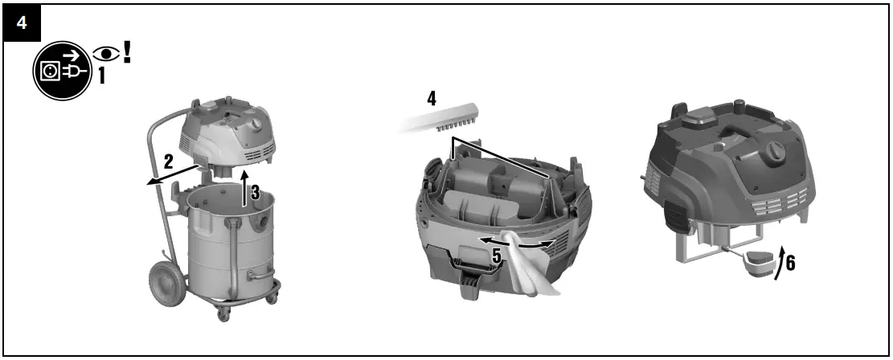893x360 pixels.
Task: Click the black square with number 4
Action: tap(22, 23)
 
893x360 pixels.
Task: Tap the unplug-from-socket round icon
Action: tap(61, 69)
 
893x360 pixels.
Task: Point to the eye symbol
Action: tap(106, 54)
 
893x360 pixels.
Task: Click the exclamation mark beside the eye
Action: tap(127, 51)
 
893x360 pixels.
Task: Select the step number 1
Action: tap(102, 76)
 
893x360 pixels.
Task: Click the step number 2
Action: tap(168, 162)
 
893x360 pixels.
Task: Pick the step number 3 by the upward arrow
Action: tap(255, 193)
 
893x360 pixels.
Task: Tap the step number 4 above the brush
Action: tap(432, 98)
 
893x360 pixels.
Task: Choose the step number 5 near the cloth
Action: tap(498, 257)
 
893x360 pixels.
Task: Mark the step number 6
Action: tap(790, 263)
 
